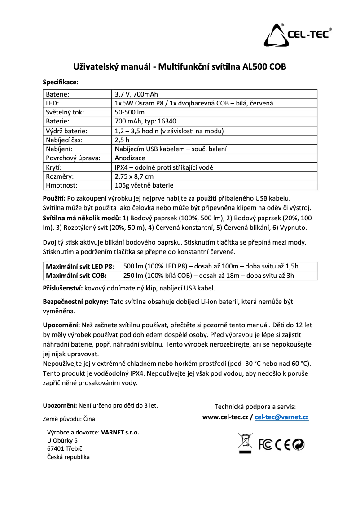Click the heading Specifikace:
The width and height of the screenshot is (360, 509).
pyautogui.click(x=60, y=82)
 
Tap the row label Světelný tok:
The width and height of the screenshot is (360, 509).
pyautogui.click(x=65, y=112)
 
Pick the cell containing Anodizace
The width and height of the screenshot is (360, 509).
pyautogui.click(x=130, y=158)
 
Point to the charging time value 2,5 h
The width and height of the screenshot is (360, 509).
pyautogui.click(x=122, y=140)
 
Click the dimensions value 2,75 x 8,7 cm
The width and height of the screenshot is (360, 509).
pyautogui.click(x=134, y=176)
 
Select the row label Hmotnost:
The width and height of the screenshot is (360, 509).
pyautogui.click(x=61, y=185)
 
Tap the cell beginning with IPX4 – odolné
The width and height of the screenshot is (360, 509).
pyautogui.click(x=164, y=167)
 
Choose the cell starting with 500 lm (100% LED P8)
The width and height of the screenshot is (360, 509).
pyautogui.click(x=211, y=266)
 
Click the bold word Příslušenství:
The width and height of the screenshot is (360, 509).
pyautogui.click(x=62, y=288)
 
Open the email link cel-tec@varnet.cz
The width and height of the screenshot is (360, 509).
pyautogui.click(x=281, y=417)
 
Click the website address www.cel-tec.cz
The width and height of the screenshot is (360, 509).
pyautogui.click(x=225, y=417)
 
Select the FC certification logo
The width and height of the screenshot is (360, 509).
pyautogui.click(x=266, y=444)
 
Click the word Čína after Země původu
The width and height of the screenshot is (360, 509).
pyautogui.click(x=89, y=419)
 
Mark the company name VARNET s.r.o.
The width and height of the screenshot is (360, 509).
pyautogui.click(x=120, y=433)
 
